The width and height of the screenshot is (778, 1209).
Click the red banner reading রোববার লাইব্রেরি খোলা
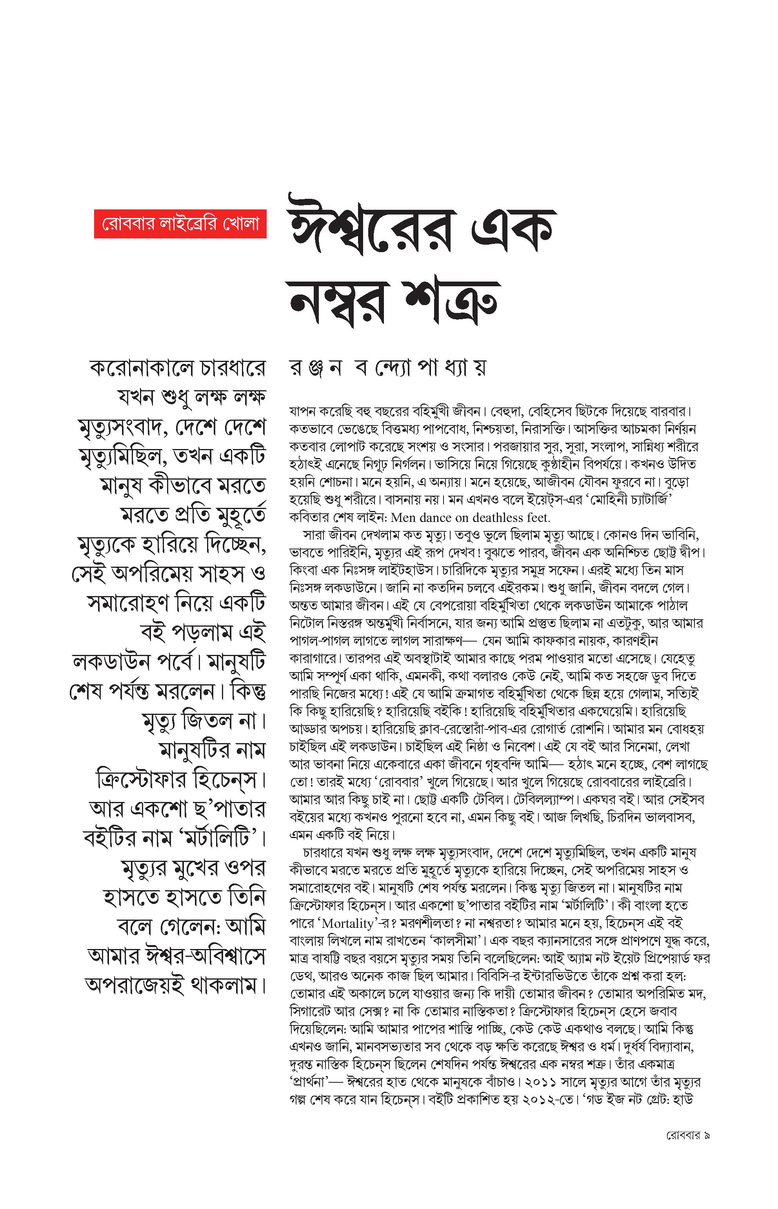coord(180,223)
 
